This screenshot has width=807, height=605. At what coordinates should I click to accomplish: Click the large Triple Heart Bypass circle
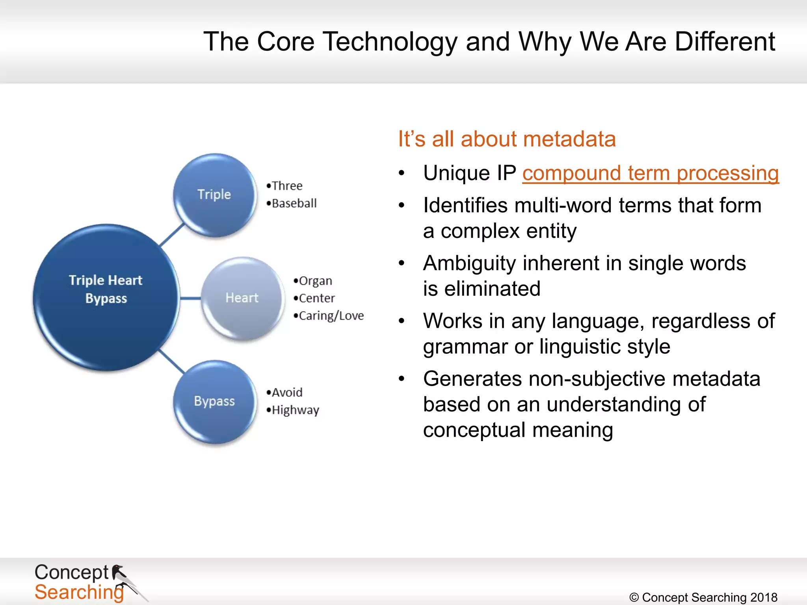(x=106, y=297)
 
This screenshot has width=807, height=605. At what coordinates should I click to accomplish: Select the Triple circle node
(x=214, y=195)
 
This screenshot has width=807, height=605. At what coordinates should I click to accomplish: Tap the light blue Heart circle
(x=242, y=298)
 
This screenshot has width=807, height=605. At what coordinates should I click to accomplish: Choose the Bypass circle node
(x=214, y=401)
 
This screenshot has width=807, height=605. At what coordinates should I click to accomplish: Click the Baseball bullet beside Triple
(x=294, y=203)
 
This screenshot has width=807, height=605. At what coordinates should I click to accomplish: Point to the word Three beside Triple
(x=287, y=186)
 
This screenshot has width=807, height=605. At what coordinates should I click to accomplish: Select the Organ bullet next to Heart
(x=315, y=281)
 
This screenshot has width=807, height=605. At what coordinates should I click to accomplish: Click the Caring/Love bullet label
(x=331, y=315)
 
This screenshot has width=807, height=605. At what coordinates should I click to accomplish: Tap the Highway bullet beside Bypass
(x=295, y=410)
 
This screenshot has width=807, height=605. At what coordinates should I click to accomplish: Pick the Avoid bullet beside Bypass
(x=287, y=392)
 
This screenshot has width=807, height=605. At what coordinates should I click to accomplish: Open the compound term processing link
(x=650, y=173)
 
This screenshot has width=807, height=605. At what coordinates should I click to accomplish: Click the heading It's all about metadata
(x=506, y=139)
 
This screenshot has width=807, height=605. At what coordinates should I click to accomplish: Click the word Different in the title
(x=724, y=41)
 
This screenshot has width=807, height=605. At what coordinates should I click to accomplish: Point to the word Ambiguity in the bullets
(x=469, y=263)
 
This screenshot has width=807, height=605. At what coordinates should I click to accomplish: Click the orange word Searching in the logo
(x=79, y=592)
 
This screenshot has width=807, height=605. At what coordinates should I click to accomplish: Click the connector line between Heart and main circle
(x=191, y=298)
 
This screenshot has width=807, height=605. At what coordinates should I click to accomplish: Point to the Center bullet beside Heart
(x=316, y=298)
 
